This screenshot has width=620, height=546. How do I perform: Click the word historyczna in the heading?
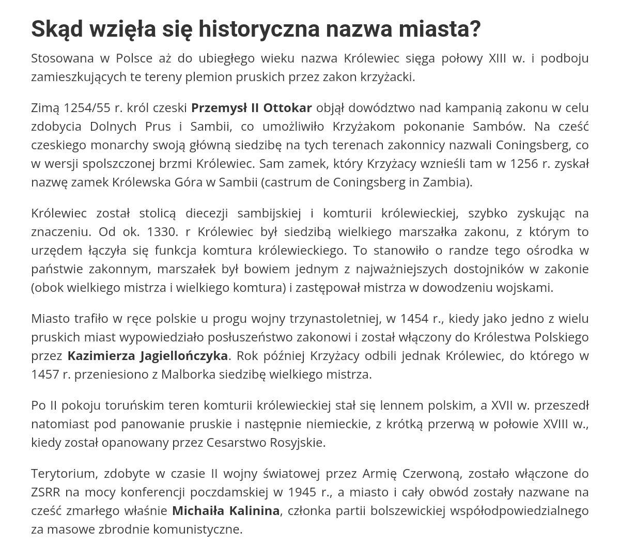coord(258,29)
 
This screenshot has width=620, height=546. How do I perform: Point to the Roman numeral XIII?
coord(498,58)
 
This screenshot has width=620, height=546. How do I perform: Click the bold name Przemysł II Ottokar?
coord(251,107)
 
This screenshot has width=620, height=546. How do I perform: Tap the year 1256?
coord(524,163)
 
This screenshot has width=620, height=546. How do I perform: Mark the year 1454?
coord(414,318)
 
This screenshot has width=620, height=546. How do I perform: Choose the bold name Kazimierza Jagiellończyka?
coord(147,355)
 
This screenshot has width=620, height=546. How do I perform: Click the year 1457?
coord(45,374)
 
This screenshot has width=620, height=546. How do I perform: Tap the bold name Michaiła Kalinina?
coord(226,510)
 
